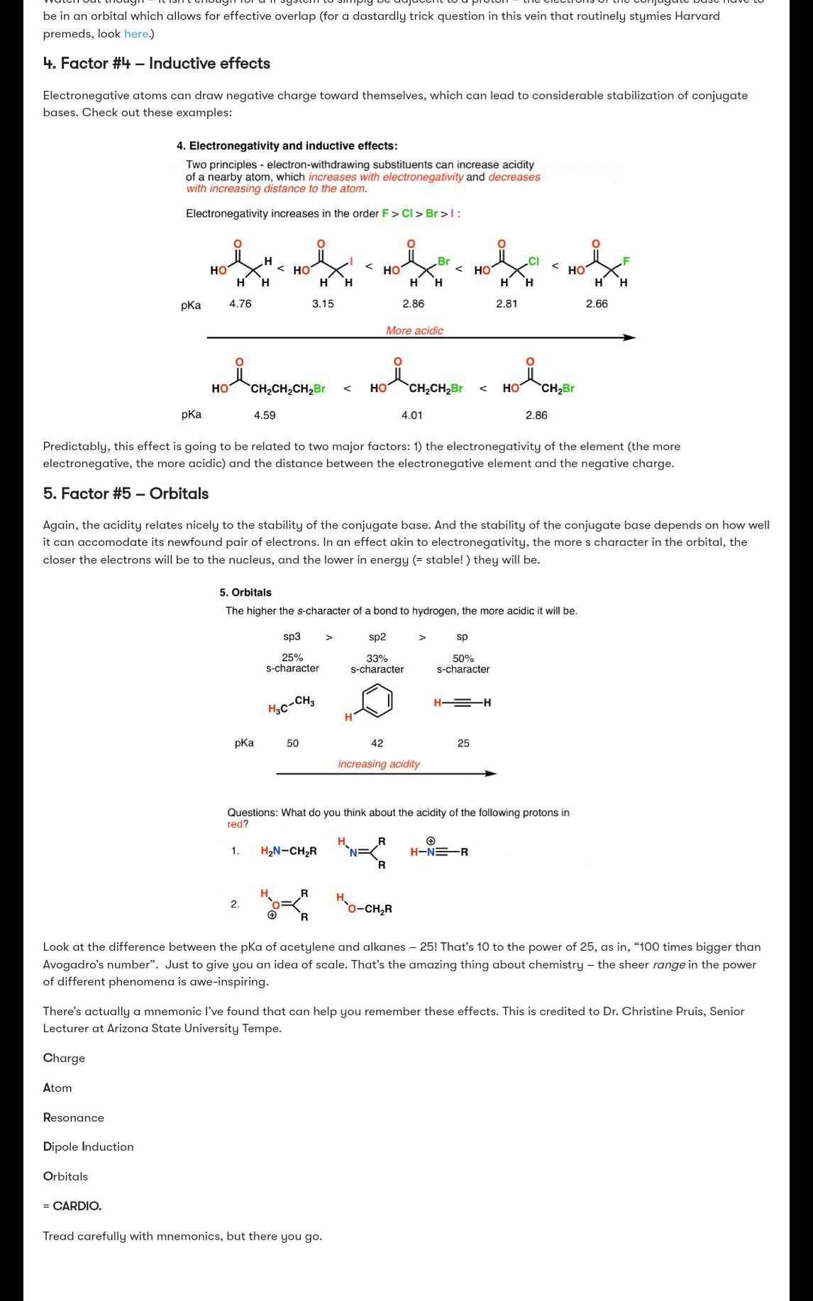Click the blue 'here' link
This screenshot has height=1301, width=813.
(x=136, y=33)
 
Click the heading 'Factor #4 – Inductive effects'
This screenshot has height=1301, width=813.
(x=156, y=63)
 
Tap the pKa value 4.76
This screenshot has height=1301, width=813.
(x=240, y=303)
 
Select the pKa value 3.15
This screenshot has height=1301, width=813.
(x=323, y=303)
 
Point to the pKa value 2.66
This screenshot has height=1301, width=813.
(x=597, y=303)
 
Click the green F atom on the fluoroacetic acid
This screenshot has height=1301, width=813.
(x=626, y=262)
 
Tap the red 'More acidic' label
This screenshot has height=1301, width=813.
(x=414, y=330)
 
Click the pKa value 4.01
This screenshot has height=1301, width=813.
(x=411, y=415)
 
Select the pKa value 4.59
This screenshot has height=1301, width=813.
(x=265, y=415)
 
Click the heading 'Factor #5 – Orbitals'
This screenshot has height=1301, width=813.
(x=126, y=493)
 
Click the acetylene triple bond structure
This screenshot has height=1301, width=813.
(x=463, y=703)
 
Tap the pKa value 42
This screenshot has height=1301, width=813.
(x=377, y=743)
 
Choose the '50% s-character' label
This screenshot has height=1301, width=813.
(x=463, y=664)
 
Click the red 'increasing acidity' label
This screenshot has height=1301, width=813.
(x=379, y=764)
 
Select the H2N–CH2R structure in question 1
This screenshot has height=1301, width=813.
(x=289, y=851)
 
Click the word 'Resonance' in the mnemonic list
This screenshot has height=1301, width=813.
(x=73, y=1117)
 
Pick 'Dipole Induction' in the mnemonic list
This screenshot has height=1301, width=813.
(x=88, y=1146)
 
